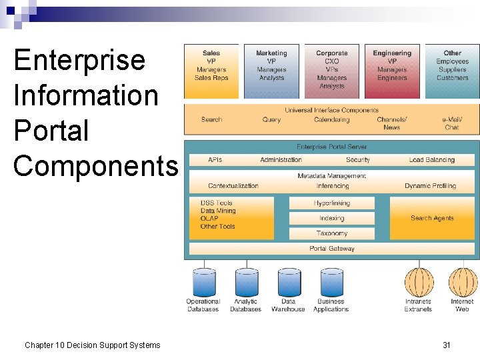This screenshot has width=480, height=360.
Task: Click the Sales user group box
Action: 211,71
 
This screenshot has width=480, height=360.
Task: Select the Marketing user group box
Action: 271,71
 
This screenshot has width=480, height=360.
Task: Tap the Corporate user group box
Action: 331,71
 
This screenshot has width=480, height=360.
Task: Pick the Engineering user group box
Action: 392,71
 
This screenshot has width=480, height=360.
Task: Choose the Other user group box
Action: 452,71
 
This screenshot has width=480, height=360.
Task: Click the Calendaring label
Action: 331,119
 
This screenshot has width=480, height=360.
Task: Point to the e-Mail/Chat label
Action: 452,123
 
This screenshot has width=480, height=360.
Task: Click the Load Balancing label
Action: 432,160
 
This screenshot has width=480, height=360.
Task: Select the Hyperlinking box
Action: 331,203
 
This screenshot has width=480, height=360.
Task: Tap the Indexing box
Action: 331,218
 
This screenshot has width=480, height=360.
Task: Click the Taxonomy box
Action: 331,233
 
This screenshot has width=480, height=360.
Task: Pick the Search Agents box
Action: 432,218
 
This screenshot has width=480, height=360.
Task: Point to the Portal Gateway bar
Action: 331,249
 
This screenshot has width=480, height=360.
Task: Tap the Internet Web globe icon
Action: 462,282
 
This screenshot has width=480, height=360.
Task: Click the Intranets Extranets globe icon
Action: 419,282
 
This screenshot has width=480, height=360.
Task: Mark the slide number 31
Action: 447,345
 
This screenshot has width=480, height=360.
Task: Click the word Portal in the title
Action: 51,130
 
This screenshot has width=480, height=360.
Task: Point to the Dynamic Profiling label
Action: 430,186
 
